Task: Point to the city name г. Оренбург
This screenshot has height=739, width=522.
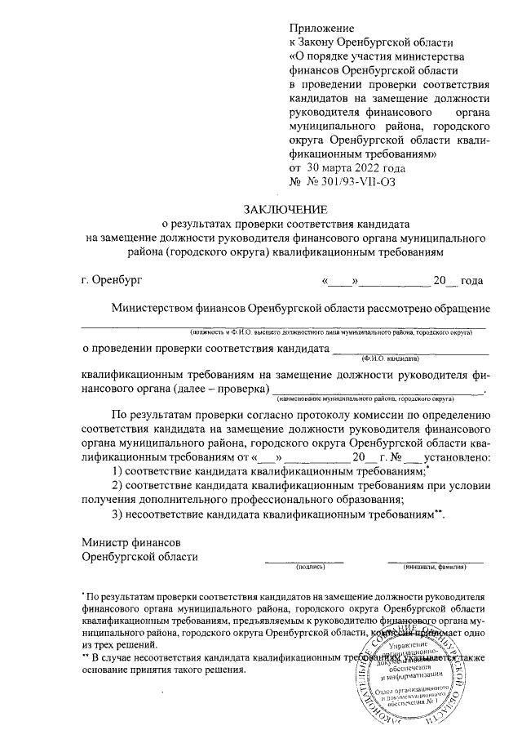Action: pos(111,281)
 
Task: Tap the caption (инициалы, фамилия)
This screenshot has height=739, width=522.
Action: pos(435,565)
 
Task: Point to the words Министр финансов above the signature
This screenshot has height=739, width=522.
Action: pos(131,542)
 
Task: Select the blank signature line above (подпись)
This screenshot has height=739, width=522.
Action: pos(303,559)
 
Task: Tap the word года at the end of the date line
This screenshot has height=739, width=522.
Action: pos(471,281)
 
